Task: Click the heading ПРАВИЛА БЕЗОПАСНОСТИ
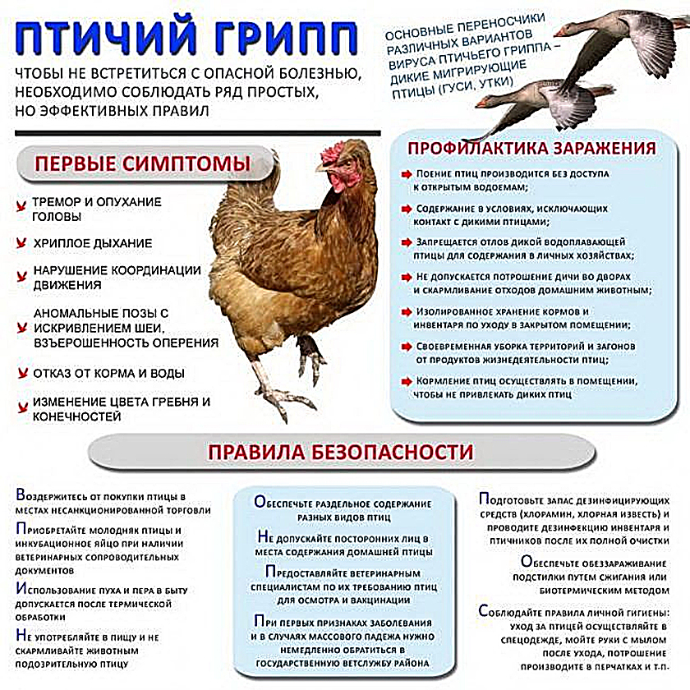pyautogui.click(x=340, y=452)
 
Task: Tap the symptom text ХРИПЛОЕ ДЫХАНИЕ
pyautogui.click(x=92, y=243)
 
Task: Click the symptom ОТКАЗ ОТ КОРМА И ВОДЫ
pyautogui.click(x=108, y=373)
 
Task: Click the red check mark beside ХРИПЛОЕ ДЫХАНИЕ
pyautogui.click(x=20, y=244)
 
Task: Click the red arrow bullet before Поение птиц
pyautogui.click(x=407, y=175)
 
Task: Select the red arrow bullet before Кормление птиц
pyautogui.click(x=407, y=381)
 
